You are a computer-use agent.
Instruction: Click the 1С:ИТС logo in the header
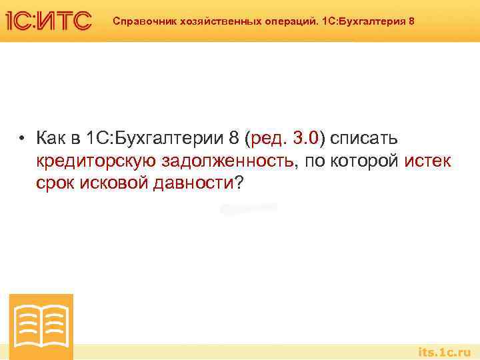tap(48, 21)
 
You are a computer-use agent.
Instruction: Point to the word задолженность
tap(227, 161)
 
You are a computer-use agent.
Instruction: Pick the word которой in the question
tap(365, 161)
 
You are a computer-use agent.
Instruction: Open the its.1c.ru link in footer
tap(444, 351)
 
